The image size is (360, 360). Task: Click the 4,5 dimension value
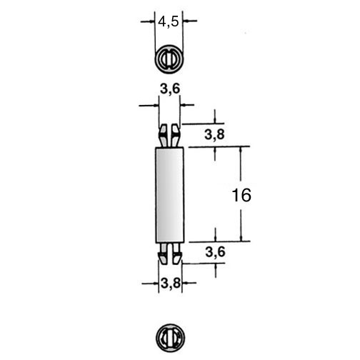click(x=168, y=22)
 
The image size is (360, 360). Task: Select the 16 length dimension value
click(x=241, y=195)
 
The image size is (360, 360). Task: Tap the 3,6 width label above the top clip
click(x=170, y=89)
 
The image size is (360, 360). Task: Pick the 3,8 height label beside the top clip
click(x=214, y=134)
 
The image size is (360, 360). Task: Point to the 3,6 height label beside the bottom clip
click(x=215, y=252)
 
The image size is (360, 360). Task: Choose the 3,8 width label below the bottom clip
click(x=171, y=284)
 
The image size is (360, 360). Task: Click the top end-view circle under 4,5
click(x=169, y=59)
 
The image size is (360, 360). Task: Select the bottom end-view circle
click(x=170, y=338)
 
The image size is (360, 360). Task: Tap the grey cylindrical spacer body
click(x=169, y=195)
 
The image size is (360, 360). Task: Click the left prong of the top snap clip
click(x=163, y=135)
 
